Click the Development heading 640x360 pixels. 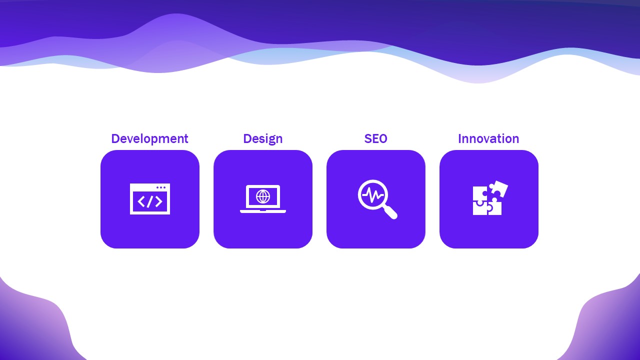click(149, 138)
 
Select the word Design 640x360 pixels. click(262, 138)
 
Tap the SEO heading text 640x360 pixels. click(375, 138)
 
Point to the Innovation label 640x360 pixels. click(488, 138)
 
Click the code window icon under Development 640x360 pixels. click(150, 199)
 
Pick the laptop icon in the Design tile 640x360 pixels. click(263, 199)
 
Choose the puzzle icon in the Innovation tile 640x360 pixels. click(489, 198)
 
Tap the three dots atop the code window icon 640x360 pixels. click(161, 187)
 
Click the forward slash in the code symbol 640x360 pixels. click(150, 201)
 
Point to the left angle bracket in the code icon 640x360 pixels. click(141, 201)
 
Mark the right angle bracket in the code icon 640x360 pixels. click(158, 201)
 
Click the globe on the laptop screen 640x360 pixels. click(263, 196)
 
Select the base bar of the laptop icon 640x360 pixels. click(263, 211)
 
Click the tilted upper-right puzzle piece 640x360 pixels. click(498, 189)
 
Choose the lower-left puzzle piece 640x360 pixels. click(479, 208)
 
